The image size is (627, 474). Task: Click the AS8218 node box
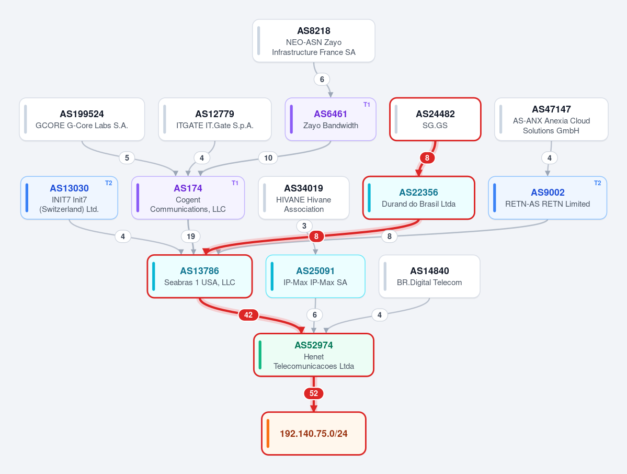pos(314,41)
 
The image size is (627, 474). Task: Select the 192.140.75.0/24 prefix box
pos(314,434)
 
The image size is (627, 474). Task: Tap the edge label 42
pos(248,315)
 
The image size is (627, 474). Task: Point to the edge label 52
pos(314,393)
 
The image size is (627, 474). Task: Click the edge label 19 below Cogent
pos(191,236)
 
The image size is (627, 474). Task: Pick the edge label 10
pos(268,158)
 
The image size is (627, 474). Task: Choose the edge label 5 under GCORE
pos(127,157)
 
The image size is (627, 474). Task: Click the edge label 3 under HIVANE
pos(304,225)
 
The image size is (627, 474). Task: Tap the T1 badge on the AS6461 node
pos(367,105)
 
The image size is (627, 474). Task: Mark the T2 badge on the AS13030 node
pos(108,183)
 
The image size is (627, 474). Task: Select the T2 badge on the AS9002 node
pos(597,183)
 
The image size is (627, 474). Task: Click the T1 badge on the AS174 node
pos(235,183)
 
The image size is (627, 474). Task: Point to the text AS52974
pos(314,345)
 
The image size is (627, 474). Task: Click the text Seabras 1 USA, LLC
pos(200,283)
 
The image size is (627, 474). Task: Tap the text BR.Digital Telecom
pos(429,283)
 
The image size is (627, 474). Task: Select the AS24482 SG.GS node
pos(435,119)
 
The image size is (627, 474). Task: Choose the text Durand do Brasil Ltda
pos(419,204)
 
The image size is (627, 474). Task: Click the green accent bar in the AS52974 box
pos(260,355)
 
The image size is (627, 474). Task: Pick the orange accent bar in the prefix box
pos(268,434)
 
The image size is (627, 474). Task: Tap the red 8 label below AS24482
pos(427,157)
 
